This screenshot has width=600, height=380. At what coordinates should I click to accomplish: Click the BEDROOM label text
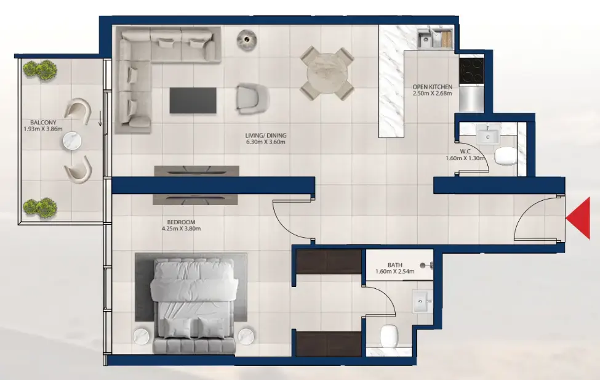coord(181,222)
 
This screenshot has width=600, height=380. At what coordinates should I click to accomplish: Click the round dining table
coord(327,73)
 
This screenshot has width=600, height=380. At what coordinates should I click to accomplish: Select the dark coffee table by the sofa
coord(193,100)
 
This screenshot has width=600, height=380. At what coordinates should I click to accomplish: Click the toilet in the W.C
coord(506,157)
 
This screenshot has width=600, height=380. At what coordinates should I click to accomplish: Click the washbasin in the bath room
coord(424,302)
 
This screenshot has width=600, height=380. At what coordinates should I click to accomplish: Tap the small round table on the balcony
coord(72,142)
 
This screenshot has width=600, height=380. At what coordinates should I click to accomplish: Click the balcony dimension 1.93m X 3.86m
coord(43,129)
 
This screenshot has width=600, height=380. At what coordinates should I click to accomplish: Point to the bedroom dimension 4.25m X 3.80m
coord(181,228)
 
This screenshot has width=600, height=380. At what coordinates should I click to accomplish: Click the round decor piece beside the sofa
coord(246,39)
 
